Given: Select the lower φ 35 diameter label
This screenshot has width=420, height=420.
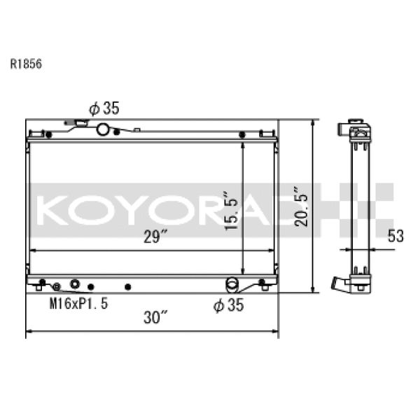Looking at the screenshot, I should coord(228,305).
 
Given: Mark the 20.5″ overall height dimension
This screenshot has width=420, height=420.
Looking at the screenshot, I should coord(300,207).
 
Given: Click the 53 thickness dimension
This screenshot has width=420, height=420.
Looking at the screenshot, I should coord(395,236).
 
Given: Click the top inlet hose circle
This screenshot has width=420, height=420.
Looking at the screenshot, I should coord(104,129).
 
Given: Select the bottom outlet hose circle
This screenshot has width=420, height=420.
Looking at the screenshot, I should coord(231,283).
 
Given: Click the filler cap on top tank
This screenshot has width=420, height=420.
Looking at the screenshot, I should coord(80,124).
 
